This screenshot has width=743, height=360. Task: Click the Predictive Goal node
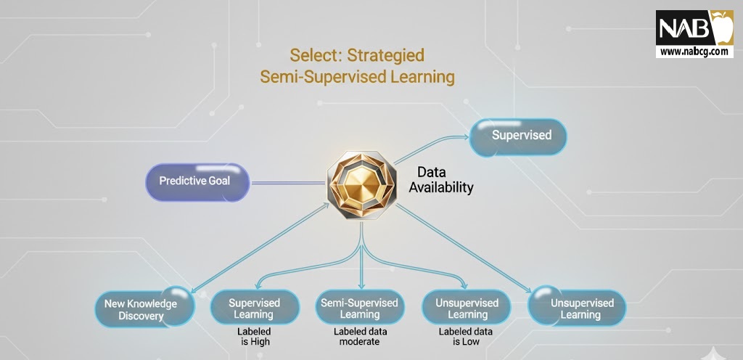(x=197, y=182)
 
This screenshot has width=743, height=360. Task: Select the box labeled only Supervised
(x=518, y=137)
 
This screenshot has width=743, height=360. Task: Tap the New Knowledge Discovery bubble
(x=144, y=308)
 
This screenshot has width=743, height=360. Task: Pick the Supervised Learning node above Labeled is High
(x=255, y=308)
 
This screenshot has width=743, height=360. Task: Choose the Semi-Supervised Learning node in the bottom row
(x=360, y=308)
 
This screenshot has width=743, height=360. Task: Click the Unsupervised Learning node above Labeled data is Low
(x=467, y=308)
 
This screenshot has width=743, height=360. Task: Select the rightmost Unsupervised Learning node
(x=577, y=308)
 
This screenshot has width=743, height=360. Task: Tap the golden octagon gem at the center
(x=361, y=185)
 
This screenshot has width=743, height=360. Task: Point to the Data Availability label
(x=440, y=180)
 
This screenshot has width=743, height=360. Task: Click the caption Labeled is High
(x=255, y=336)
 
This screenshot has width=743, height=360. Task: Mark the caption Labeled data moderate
(x=360, y=336)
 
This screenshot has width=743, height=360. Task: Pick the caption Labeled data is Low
(x=465, y=336)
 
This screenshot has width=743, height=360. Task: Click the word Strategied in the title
(x=386, y=56)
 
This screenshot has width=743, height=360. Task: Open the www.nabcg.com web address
(x=694, y=52)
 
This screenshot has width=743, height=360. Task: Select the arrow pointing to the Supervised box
(x=431, y=147)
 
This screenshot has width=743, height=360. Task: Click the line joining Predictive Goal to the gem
(x=289, y=182)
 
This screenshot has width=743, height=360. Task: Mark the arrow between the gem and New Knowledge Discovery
(x=260, y=247)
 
